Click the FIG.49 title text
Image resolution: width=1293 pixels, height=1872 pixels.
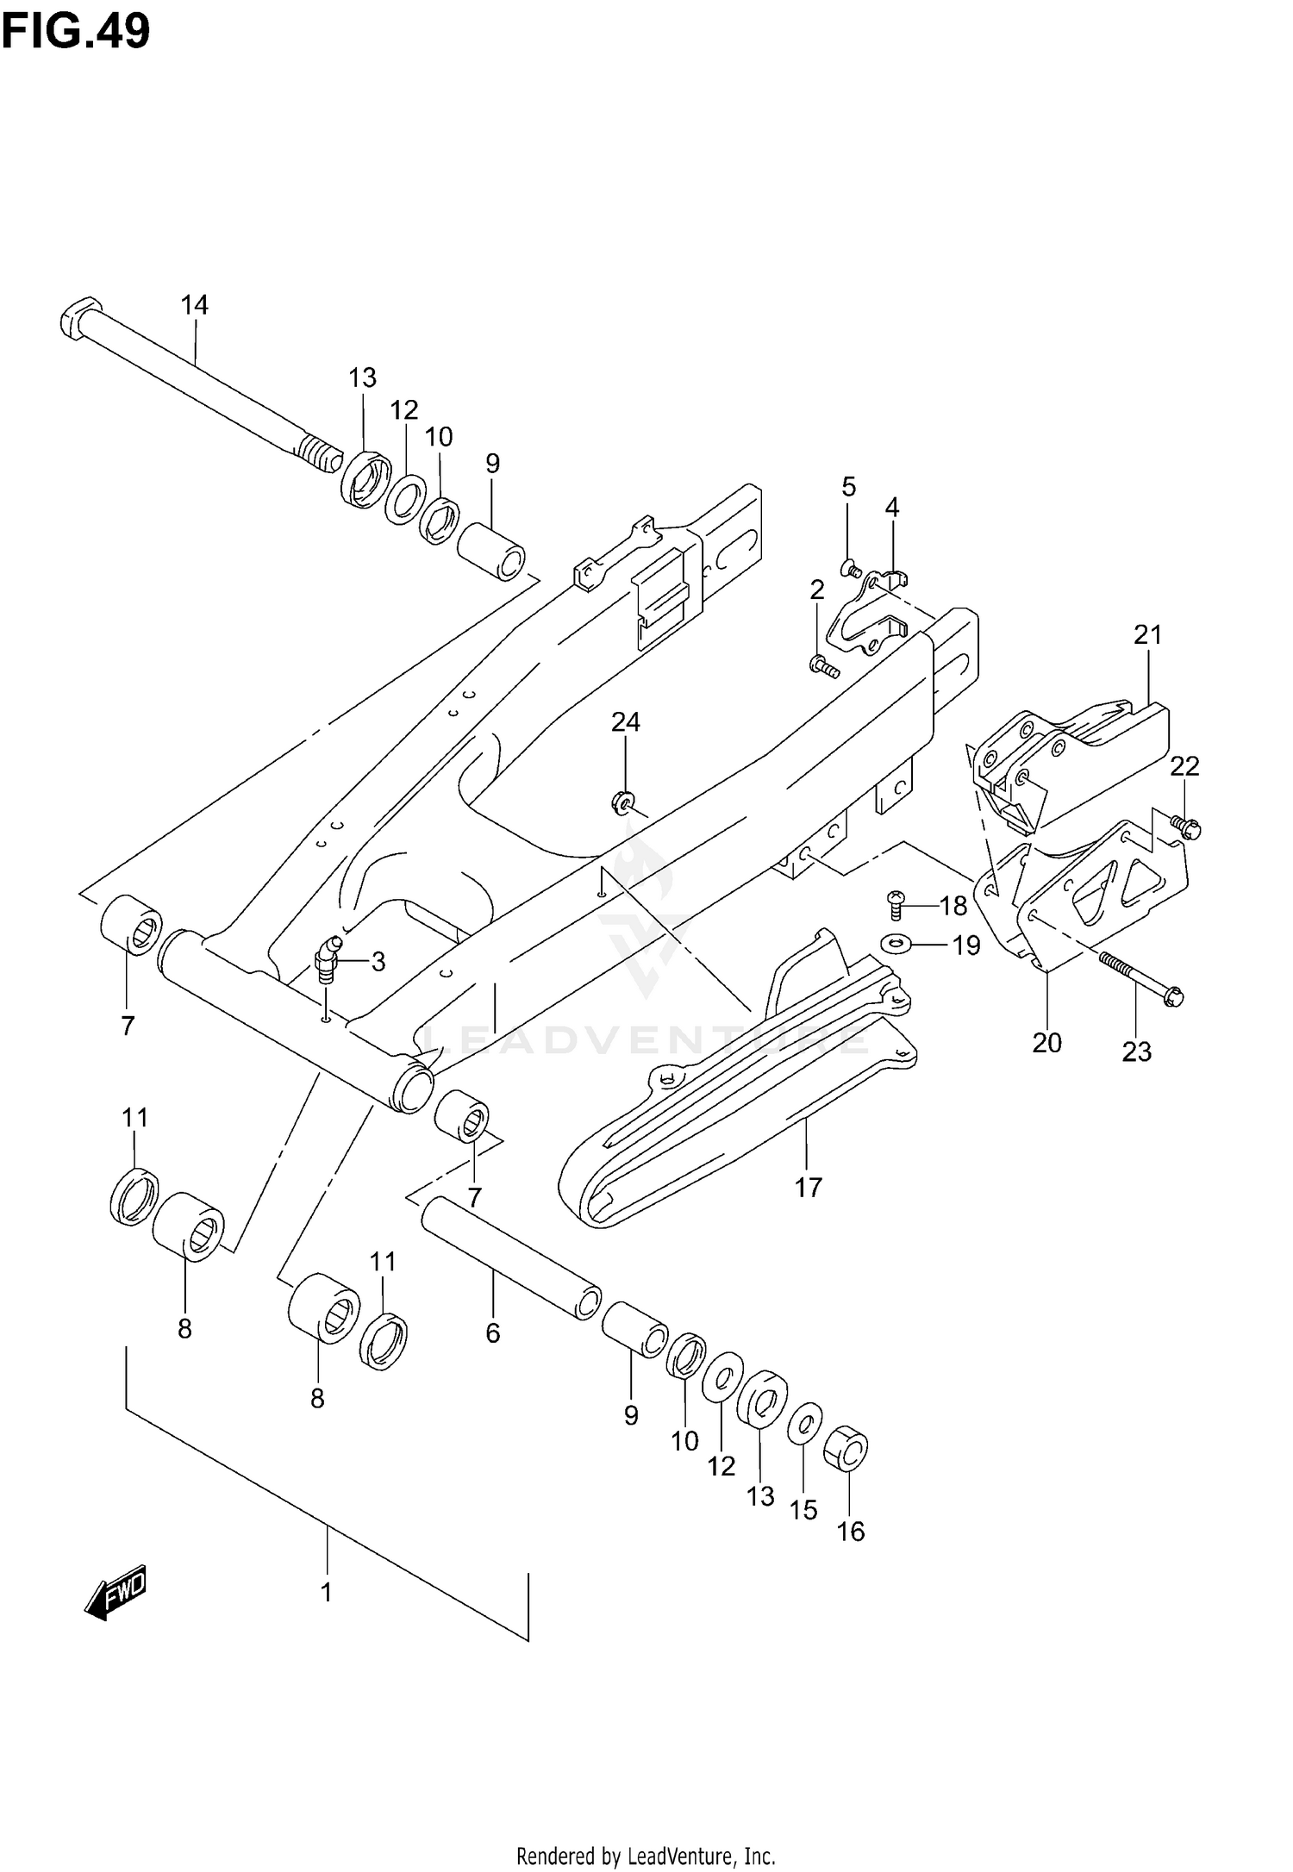[x=76, y=32]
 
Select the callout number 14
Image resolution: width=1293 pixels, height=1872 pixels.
[x=195, y=304]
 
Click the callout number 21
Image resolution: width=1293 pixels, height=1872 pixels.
[x=1148, y=635]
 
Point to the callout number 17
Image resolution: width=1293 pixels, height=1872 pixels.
[x=809, y=1188]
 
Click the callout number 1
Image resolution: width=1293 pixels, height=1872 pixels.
[x=327, y=1594]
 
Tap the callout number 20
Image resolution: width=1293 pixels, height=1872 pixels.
[x=1047, y=1043]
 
